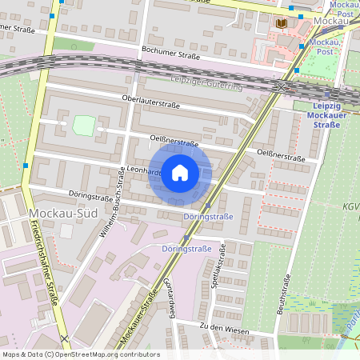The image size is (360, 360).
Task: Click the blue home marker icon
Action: pyautogui.click(x=180, y=173)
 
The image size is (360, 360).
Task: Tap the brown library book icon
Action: pyautogui.click(x=281, y=23)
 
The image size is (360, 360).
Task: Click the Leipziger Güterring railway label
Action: pyautogui.click(x=206, y=81)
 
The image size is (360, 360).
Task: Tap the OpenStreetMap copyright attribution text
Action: pyautogui.click(x=81, y=354)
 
